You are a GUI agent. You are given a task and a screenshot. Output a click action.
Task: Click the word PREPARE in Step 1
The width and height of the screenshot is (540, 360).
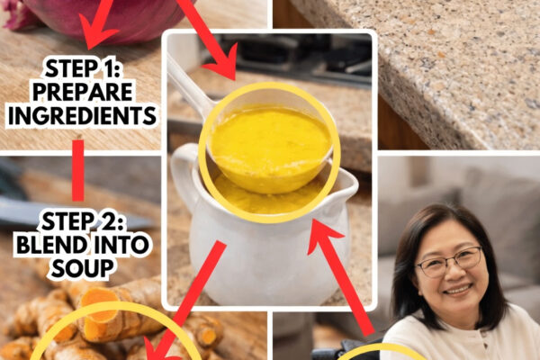pyautogui.click(x=83, y=92)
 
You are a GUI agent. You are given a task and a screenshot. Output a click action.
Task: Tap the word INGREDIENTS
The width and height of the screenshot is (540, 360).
pyautogui.click(x=82, y=116)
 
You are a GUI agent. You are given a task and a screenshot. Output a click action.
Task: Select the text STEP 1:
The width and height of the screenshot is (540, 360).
pyautogui.click(x=83, y=68)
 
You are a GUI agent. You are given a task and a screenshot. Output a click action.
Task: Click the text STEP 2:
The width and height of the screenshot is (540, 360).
pyautogui.click(x=83, y=221)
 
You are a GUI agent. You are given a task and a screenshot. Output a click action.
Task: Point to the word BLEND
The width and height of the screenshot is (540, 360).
pyautogui.click(x=51, y=245)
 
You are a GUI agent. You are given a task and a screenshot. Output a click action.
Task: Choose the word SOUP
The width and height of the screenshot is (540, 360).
pyautogui.click(x=83, y=268)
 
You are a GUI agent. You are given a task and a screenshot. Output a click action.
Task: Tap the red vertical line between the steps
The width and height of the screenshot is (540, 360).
pyautogui.click(x=78, y=170)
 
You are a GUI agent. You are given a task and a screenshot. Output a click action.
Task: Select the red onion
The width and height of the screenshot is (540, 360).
pyautogui.click(x=103, y=15)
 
